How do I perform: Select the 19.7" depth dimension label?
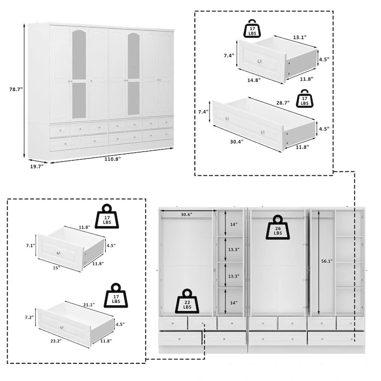pos(36,166)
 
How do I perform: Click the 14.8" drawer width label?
pos(254,80)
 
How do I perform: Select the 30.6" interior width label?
pos(186,215)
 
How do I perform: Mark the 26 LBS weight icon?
pos(277,227)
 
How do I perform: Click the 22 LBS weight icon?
pos(187,301)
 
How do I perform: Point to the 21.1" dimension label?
pos(89,305)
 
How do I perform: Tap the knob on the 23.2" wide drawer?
pos(61,327)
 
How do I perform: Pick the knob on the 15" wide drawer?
pos(59,252)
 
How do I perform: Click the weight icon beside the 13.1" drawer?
pos(252,29)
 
